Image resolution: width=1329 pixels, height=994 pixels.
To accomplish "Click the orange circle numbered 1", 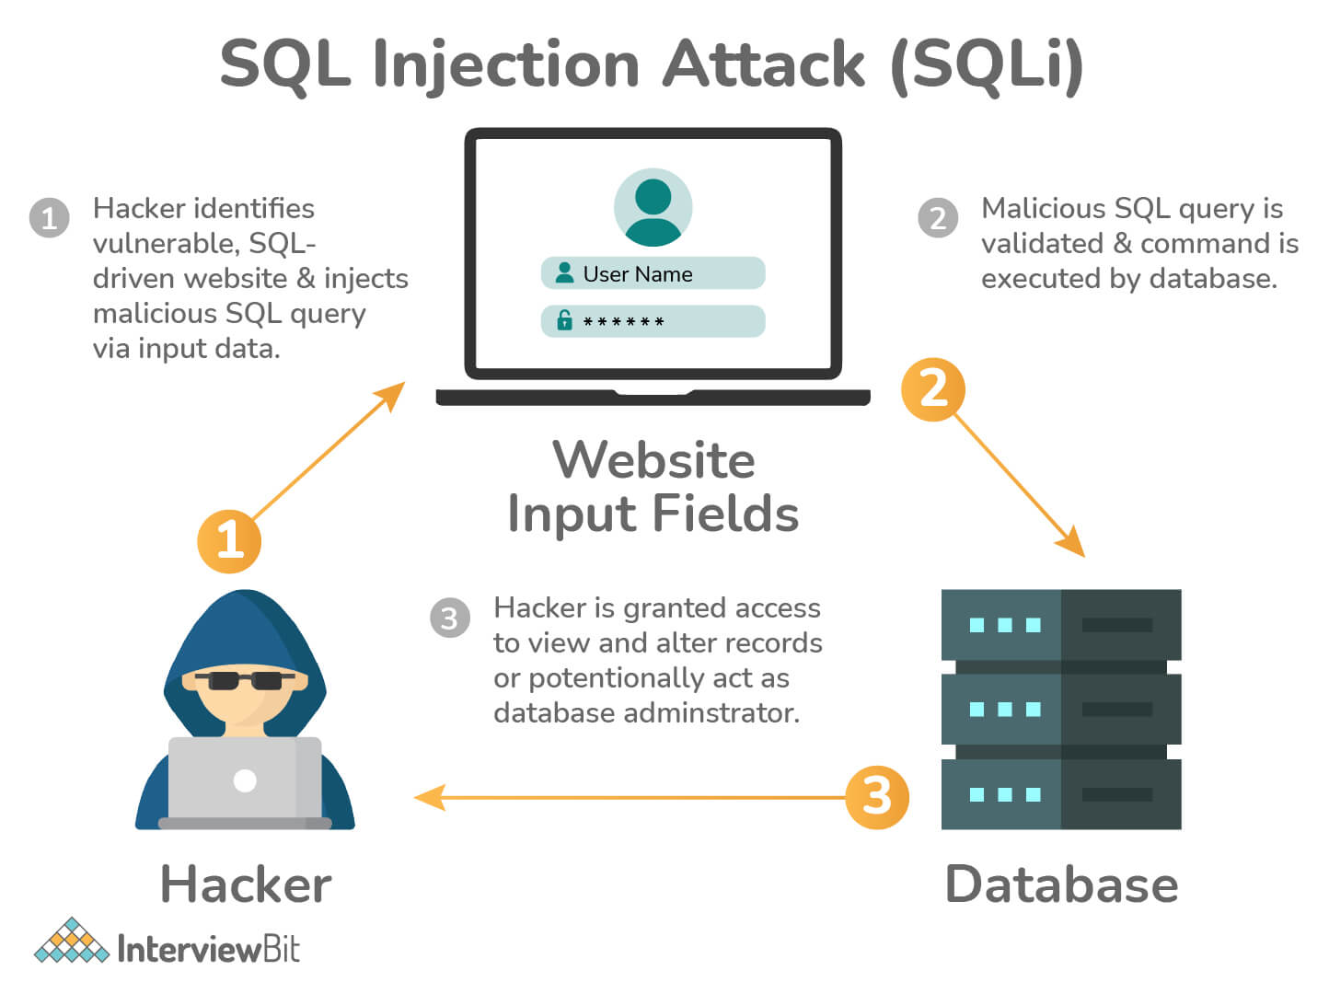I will (x=229, y=540).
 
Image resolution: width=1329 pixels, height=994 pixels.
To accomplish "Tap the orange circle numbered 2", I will (x=933, y=389).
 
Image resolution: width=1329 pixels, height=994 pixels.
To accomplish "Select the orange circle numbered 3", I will (x=877, y=796).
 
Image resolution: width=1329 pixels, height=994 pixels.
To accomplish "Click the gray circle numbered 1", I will (x=50, y=218).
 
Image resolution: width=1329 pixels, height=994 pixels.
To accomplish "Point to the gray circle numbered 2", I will (x=938, y=218).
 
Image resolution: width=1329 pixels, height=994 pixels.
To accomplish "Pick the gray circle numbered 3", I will (x=450, y=618).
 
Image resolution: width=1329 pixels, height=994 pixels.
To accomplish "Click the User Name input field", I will (x=653, y=273).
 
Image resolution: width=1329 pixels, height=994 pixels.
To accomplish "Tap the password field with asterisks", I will (x=653, y=321).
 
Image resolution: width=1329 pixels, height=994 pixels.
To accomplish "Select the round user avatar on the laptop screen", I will (x=653, y=207).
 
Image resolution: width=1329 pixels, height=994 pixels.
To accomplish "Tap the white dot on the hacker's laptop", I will (x=245, y=780).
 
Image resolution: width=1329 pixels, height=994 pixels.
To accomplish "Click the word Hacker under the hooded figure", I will (x=246, y=884).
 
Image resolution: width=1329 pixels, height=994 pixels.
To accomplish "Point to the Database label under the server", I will (x=1061, y=884).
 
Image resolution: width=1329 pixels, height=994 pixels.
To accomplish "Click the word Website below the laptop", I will (x=653, y=460).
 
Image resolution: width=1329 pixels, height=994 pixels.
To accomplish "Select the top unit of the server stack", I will (x=1060, y=625).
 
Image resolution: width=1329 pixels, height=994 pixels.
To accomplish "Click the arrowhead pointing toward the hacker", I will (x=429, y=797).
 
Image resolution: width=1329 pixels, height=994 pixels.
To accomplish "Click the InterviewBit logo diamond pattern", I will (x=71, y=942).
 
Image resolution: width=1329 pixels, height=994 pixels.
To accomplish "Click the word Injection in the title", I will (x=505, y=64).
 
